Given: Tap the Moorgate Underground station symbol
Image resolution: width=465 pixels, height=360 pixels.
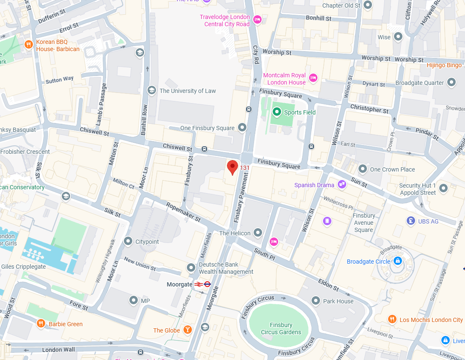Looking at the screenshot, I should tap(207, 284).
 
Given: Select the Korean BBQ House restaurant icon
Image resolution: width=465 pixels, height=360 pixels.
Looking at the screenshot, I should tap(29, 44).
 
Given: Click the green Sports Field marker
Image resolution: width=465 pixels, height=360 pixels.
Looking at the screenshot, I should tap(276, 112).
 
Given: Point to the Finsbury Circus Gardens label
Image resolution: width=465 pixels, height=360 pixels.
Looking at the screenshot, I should tap(281, 328).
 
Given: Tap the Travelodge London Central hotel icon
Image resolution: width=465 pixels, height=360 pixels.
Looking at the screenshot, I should tap(257, 19).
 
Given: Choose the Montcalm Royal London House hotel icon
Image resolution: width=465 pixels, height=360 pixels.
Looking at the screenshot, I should tap(313, 77).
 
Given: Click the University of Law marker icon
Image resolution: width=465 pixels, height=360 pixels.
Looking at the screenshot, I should tap(151, 90).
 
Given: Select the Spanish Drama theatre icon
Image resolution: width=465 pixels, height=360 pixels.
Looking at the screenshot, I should tap(342, 184).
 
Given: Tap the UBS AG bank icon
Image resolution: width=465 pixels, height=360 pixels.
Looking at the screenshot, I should tap(410, 221).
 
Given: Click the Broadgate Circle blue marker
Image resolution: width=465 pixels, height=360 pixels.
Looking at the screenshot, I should tap(397, 261).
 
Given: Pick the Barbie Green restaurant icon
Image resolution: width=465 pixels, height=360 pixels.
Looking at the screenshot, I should tap(41, 324).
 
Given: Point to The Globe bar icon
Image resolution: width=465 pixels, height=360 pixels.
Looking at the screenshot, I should tap(188, 330).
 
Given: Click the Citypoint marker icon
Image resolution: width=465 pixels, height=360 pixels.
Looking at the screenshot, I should tap(128, 241).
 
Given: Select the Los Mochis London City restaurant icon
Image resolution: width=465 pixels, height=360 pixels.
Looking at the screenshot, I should tap(392, 319).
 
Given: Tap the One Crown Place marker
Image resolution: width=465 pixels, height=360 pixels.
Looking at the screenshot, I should tap(362, 169).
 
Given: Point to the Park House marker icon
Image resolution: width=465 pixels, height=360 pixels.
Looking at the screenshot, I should tap(315, 301).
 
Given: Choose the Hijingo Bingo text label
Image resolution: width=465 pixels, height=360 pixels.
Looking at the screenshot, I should tap(444, 65).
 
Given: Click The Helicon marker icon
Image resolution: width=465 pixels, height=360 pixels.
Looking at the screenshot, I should tap(258, 233).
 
